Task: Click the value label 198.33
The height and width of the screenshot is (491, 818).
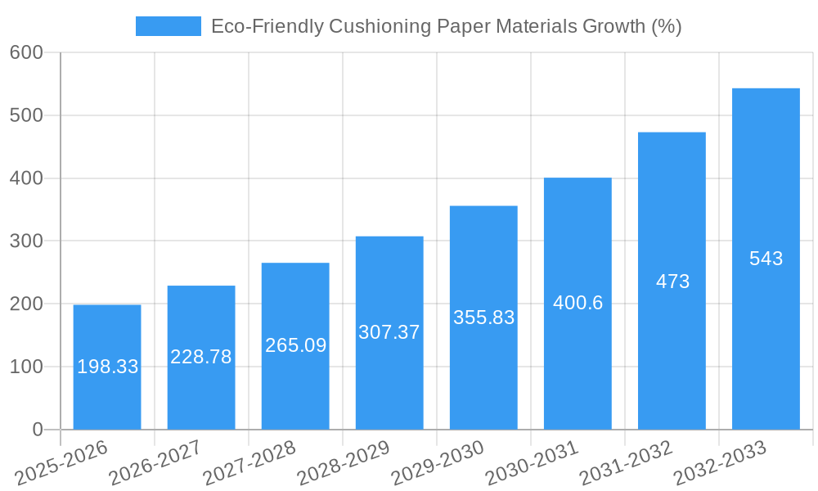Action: click(x=107, y=367)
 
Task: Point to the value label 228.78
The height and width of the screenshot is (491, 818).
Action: click(x=201, y=357)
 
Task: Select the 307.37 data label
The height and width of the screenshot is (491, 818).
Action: click(x=389, y=332)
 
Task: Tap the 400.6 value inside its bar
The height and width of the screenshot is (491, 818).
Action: click(x=578, y=303)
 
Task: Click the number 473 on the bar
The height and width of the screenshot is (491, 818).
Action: click(x=672, y=282)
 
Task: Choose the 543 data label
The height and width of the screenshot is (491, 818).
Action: click(x=766, y=259)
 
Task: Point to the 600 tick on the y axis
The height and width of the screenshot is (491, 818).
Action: click(x=26, y=52)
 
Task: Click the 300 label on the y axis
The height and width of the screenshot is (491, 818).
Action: click(x=26, y=241)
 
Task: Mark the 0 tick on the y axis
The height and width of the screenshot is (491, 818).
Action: click(x=38, y=430)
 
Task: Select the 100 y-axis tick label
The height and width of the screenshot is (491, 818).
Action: click(x=26, y=367)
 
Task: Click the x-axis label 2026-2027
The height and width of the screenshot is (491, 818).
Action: click(x=155, y=463)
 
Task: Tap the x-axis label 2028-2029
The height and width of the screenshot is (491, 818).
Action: click(x=344, y=463)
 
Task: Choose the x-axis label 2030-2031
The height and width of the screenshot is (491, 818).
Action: click(x=532, y=463)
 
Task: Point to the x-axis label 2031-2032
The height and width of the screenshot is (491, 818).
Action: click(x=626, y=463)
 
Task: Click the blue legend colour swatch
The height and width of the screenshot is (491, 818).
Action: click(x=168, y=26)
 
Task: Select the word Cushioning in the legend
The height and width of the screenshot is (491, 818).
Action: click(x=379, y=26)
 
